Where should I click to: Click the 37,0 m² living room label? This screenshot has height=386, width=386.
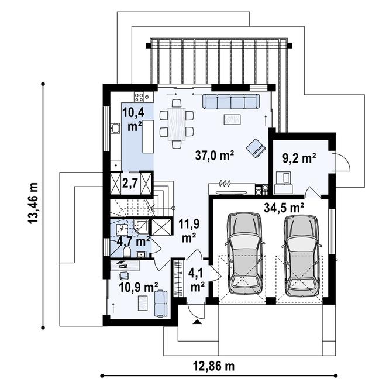pyautogui.click(x=215, y=156)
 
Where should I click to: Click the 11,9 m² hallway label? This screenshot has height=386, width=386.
pyautogui.click(x=188, y=230)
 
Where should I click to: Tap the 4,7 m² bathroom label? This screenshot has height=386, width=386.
pyautogui.click(x=132, y=240)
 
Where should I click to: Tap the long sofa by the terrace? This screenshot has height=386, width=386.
pyautogui.click(x=231, y=102)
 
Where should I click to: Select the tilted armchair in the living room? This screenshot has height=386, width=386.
pyautogui.click(x=255, y=147)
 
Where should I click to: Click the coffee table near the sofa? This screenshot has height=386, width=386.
pyautogui.click(x=232, y=120)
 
